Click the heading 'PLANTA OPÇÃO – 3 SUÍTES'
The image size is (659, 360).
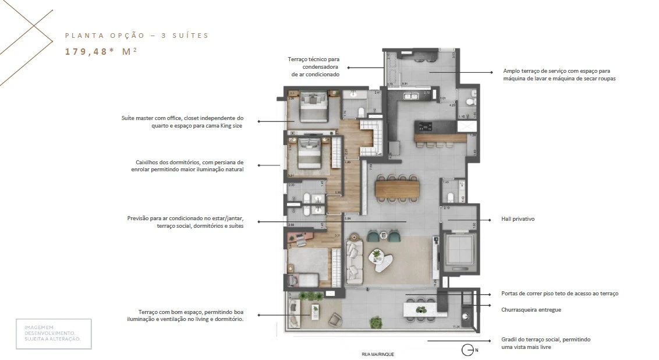click(x=136, y=36)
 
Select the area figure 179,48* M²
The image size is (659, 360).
click(x=101, y=51)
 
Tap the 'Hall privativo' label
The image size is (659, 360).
click(x=518, y=219)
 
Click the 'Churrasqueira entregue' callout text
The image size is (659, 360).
click(x=531, y=310)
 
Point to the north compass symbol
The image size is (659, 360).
click(x=467, y=350)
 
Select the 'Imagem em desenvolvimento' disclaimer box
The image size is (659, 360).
click(x=54, y=334)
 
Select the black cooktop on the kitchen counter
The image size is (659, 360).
click(x=423, y=126)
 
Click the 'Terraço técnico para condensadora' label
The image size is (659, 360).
click(x=313, y=66)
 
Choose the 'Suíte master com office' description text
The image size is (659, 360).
click(x=182, y=121)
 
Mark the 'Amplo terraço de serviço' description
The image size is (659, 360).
click(x=559, y=75)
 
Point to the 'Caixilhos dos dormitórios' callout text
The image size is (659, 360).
click(x=187, y=165)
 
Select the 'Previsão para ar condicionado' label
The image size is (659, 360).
click(x=185, y=222)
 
